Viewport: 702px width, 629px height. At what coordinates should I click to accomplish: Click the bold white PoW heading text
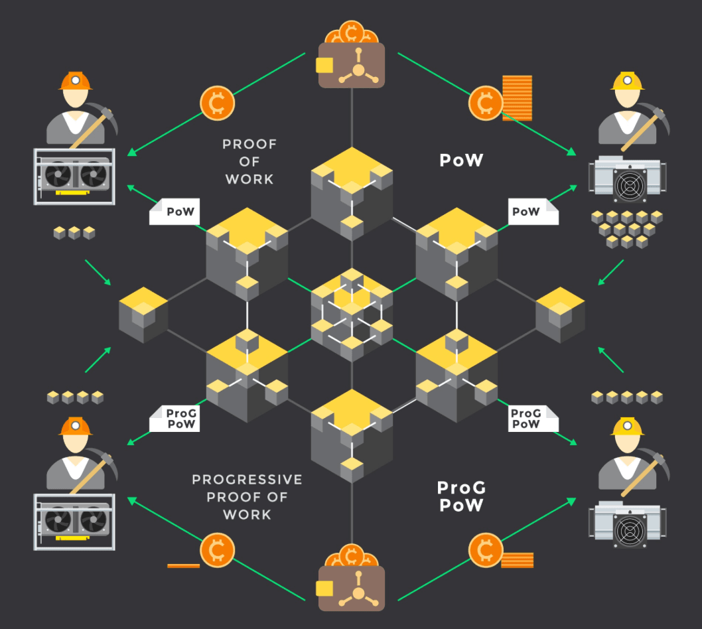(x=461, y=161)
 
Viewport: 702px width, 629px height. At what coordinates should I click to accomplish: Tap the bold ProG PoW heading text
(x=461, y=496)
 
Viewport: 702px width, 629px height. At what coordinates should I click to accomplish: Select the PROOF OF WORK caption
(x=249, y=161)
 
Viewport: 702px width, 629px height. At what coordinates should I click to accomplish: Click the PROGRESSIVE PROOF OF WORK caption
(x=247, y=496)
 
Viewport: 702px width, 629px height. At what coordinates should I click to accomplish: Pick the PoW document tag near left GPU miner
(x=175, y=212)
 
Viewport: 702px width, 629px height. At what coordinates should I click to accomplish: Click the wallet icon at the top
(x=352, y=64)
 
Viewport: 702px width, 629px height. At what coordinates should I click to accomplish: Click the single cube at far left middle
(x=143, y=314)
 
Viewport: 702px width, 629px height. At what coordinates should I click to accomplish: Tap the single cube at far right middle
(x=560, y=314)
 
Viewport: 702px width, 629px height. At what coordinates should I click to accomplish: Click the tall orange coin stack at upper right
(x=518, y=98)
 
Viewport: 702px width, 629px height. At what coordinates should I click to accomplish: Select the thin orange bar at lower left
(x=184, y=565)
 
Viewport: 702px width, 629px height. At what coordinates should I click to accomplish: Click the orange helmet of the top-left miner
(x=76, y=81)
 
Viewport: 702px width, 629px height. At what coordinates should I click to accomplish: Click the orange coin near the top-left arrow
(x=217, y=102)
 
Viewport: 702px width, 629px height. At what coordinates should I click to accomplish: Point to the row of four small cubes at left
(x=75, y=397)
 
